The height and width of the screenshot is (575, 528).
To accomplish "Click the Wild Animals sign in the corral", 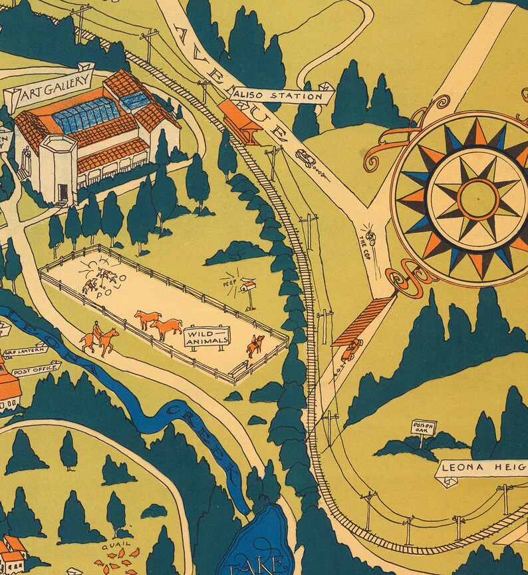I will tap(207, 336).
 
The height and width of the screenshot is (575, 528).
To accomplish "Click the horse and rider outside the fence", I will tap(98, 339).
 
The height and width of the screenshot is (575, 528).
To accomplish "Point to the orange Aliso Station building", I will tap(239, 120).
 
